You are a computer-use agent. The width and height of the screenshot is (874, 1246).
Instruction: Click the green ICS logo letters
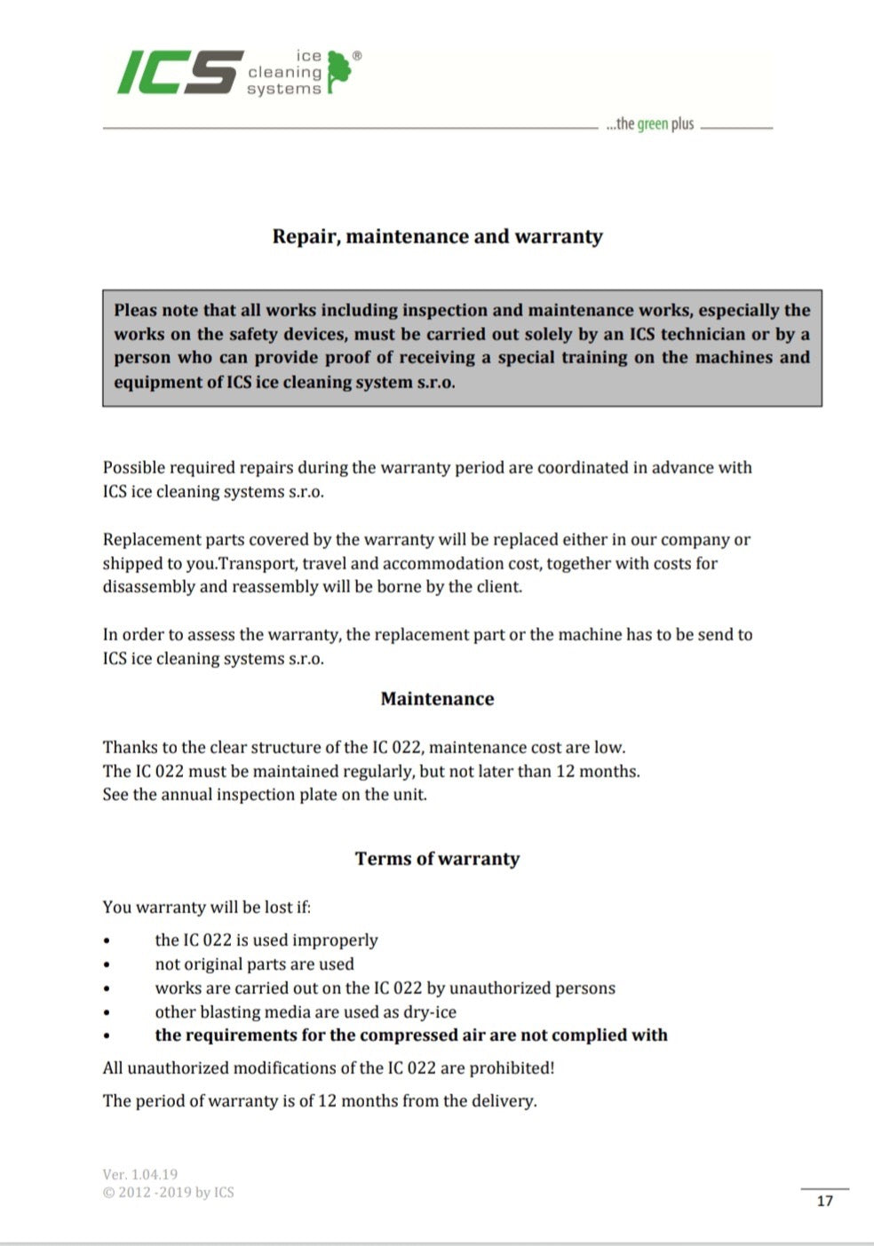coord(180,72)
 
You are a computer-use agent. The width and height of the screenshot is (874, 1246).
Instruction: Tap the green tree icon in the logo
coord(338,71)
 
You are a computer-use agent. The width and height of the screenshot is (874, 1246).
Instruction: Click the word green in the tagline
coord(652,124)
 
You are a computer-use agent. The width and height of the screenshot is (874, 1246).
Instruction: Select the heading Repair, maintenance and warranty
coord(437,236)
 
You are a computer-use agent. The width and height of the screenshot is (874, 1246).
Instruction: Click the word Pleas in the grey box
coord(135,310)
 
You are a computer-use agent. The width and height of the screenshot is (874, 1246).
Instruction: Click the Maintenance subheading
coord(437,699)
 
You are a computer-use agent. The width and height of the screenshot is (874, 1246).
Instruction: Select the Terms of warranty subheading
coord(437,859)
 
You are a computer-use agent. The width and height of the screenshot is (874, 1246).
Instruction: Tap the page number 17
coord(824,1201)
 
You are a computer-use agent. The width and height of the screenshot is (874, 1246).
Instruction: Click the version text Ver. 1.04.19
coord(140,1174)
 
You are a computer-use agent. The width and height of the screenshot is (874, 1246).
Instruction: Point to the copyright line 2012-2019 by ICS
coord(169,1192)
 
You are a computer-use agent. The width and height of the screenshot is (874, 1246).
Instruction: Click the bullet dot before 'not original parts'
coord(107,964)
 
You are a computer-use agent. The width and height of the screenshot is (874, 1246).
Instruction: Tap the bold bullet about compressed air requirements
coord(410,1035)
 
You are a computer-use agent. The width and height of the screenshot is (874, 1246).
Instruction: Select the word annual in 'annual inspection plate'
coord(187,794)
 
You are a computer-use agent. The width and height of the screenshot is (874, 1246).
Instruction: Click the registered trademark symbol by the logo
coord(357,56)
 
